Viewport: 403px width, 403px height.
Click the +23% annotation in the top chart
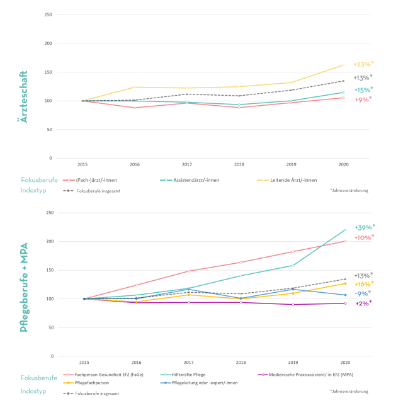pos(363,64)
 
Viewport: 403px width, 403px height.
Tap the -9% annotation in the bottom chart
pos(363,293)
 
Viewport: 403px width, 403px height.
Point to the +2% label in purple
pos(363,303)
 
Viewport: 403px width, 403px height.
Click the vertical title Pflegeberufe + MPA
pos(24,287)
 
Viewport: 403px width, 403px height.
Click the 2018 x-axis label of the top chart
pos(240,164)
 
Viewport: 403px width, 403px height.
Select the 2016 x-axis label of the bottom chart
pos(135,363)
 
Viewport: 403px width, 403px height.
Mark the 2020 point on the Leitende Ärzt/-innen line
pos(344,64)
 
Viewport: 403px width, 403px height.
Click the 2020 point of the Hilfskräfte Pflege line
pos(345,230)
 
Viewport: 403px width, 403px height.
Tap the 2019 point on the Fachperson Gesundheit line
pos(293,252)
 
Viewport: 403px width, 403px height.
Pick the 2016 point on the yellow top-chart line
pos(135,87)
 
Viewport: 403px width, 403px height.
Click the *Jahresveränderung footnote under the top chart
pos(349,190)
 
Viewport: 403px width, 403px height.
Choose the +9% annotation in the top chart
pos(363,99)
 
